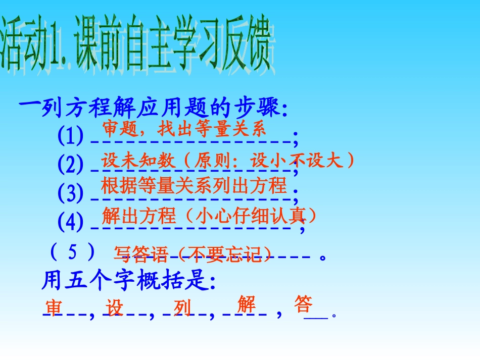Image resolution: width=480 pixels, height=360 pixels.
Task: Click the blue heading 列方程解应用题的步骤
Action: click(154, 107)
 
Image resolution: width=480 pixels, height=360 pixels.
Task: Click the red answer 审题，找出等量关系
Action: click(184, 129)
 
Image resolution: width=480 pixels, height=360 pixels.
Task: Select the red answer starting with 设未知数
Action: click(228, 161)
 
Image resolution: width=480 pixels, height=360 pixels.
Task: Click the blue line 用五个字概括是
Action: click(128, 281)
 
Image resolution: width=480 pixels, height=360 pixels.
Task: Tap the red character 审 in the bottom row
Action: click(54, 307)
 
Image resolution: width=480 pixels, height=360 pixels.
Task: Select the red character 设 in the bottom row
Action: click(115, 307)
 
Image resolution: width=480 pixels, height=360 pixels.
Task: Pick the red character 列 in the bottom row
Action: click(182, 307)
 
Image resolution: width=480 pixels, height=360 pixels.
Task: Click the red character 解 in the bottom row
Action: click(246, 304)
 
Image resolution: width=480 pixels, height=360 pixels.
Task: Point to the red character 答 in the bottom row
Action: click(303, 304)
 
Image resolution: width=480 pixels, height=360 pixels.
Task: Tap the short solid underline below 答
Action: click(316, 317)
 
